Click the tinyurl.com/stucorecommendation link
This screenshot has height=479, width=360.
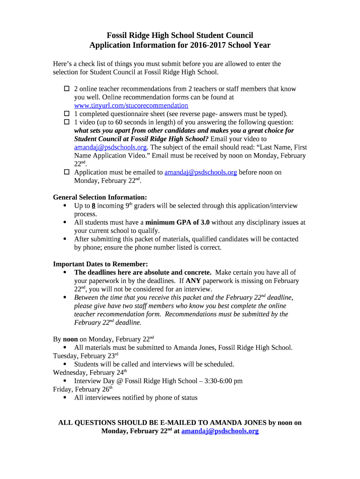point(131,106)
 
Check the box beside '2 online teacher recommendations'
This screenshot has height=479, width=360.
point(66,89)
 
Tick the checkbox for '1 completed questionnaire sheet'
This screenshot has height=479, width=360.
point(66,114)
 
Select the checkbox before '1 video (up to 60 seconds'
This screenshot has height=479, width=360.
point(66,122)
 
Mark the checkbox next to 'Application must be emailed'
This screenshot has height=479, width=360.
point(66,172)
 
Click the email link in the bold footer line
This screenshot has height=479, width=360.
point(220,431)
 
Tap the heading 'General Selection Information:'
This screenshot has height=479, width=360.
point(100,197)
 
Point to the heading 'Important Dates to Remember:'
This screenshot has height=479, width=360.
point(100,264)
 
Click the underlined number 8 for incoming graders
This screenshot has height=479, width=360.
point(94,206)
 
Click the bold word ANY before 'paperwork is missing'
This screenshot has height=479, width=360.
point(193,281)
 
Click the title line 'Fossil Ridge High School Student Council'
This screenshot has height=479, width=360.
point(180,35)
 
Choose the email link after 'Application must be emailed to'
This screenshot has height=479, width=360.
point(201,172)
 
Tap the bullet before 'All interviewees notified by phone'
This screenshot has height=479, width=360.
point(65,398)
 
